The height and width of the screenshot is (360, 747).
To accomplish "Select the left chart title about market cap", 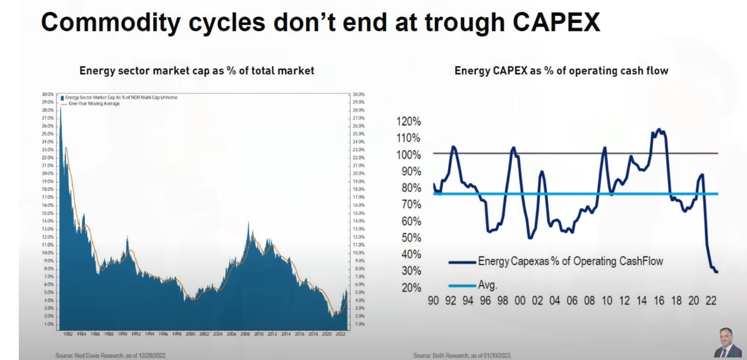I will (x=197, y=71).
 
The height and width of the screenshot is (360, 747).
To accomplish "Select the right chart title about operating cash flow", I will (x=561, y=71).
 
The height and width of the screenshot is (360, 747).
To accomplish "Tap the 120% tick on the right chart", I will (x=408, y=121).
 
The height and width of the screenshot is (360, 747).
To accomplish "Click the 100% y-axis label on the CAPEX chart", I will (x=408, y=155).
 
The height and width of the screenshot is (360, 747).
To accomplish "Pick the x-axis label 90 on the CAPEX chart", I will (x=433, y=301).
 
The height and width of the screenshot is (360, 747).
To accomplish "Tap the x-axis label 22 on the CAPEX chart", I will (x=711, y=301).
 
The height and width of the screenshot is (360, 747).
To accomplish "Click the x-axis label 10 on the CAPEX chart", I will (x=607, y=301).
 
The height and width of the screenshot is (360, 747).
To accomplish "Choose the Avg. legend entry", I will (x=488, y=285).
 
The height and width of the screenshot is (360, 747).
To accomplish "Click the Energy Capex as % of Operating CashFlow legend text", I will (x=570, y=261).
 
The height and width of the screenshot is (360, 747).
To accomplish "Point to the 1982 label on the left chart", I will (x=68, y=335).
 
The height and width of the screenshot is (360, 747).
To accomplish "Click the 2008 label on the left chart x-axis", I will (x=245, y=335).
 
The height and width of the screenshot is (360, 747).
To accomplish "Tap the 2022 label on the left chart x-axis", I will (x=341, y=335).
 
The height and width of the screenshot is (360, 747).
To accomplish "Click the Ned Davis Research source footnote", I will (x=111, y=355).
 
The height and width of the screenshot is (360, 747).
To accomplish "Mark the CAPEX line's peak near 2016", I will (x=659, y=129).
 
